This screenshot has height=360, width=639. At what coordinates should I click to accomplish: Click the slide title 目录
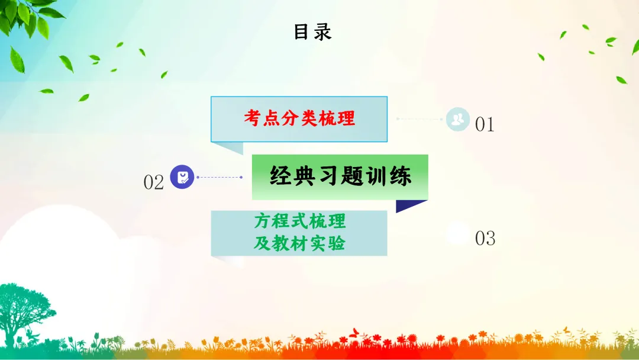[312, 31]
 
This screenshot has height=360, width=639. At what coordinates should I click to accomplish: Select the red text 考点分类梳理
[299, 118]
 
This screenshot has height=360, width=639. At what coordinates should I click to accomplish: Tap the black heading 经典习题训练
[340, 176]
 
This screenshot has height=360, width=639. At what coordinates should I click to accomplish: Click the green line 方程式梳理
[300, 222]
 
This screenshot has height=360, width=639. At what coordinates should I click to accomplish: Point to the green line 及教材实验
[299, 243]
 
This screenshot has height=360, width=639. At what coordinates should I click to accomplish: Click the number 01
[485, 124]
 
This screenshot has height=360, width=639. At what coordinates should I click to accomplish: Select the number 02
[153, 182]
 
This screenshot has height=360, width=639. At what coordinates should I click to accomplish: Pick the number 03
[485, 238]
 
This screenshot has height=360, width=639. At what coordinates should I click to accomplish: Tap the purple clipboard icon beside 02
[182, 176]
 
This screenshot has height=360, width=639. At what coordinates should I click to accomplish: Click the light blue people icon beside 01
[457, 119]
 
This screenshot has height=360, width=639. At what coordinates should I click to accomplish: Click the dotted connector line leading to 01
[420, 119]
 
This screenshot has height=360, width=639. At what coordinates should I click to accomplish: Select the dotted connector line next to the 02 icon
[219, 177]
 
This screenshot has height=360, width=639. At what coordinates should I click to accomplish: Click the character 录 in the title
[322, 31]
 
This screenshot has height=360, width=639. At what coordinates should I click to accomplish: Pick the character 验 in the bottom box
[336, 243]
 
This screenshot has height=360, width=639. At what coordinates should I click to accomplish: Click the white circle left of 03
[457, 233]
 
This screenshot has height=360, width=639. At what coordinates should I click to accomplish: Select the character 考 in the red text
[253, 118]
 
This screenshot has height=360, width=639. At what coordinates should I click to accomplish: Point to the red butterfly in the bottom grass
[355, 333]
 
